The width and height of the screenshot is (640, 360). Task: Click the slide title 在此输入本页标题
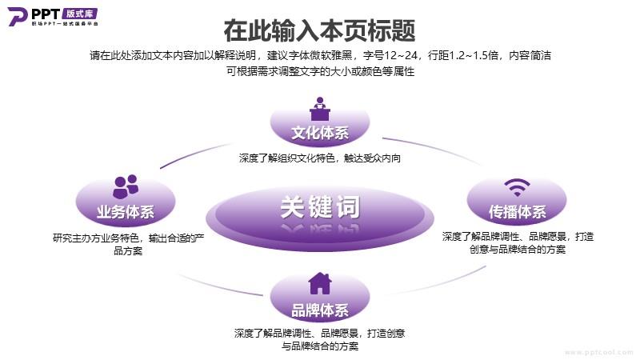coord(319,30)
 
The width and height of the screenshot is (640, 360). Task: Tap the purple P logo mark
coord(17,16)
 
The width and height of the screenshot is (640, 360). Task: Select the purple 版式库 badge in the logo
coord(80,14)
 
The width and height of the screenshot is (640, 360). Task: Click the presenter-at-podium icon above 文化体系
coord(319,109)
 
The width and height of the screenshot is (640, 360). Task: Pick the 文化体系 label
coord(320,133)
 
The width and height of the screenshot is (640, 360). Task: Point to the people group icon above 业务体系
coord(126,186)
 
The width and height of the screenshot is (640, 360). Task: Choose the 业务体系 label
coord(126,212)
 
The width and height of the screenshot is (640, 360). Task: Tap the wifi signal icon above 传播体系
coord(517,187)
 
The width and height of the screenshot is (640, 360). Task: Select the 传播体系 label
coord(517,212)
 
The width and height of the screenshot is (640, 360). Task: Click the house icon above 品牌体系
coord(319,283)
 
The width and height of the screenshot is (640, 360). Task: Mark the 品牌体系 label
coord(320,310)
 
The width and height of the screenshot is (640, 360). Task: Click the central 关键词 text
coord(320,207)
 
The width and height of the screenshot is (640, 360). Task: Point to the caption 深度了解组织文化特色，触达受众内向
coord(319,158)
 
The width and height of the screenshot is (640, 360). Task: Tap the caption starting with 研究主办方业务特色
coord(128,244)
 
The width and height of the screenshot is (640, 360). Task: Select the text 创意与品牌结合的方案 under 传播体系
coord(518,250)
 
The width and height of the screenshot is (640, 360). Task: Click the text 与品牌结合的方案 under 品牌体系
coord(320,346)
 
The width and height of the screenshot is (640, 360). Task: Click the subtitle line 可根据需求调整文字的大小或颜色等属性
coord(321,71)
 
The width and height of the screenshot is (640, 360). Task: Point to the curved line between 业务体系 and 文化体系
coord(195,155)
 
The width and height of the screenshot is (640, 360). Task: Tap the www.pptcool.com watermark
coord(598,352)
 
